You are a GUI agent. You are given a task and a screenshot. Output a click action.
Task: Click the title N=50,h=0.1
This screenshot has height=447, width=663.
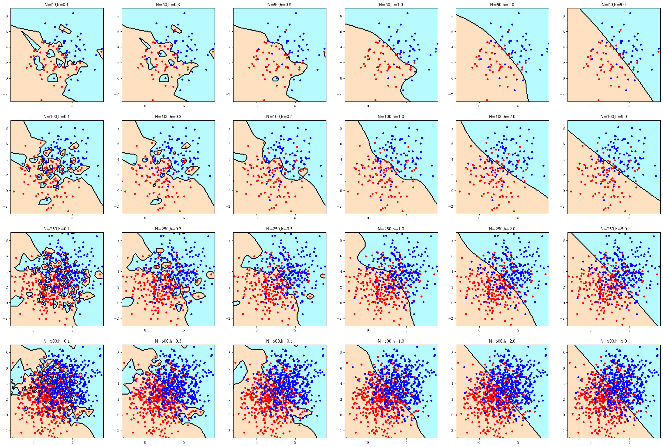[x=56, y=5]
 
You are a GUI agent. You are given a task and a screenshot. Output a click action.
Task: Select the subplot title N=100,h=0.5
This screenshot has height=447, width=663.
[x=279, y=117]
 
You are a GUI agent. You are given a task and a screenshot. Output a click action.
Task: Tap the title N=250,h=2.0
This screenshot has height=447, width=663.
[x=502, y=229]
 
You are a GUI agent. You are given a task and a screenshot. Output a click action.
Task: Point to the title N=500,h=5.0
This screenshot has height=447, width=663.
[x=614, y=341]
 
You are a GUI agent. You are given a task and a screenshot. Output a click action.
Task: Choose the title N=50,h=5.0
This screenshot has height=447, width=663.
[x=614, y=5]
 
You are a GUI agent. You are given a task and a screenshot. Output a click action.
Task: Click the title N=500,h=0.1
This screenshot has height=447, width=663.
[x=56, y=341]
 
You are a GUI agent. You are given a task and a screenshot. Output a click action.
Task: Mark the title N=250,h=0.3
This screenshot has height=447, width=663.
[x=168, y=229]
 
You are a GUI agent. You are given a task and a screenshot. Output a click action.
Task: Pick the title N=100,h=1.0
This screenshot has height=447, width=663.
[x=391, y=117]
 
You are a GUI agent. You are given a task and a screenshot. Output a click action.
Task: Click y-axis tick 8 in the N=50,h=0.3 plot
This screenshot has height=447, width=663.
[x=118, y=16]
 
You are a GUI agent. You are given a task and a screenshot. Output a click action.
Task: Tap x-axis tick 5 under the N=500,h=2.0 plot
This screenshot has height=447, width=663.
[x=518, y=442]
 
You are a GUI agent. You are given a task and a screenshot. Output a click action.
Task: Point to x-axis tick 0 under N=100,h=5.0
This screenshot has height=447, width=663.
[x=590, y=218]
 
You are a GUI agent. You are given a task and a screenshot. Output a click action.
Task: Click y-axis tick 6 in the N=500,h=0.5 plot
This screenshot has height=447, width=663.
[x=229, y=368]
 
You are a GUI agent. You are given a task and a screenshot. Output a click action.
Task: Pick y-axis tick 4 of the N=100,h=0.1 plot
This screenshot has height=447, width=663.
[x=7, y=160]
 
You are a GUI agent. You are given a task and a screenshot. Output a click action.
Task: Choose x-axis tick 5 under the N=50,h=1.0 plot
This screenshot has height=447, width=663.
[x=406, y=106]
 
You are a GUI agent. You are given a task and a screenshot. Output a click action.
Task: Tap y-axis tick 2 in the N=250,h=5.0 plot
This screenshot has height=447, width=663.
[x=564, y=287]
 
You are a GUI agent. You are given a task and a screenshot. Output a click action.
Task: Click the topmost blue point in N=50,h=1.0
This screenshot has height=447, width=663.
[x=407, y=13]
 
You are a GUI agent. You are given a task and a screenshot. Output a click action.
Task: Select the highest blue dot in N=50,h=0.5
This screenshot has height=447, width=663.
[x=296, y=13]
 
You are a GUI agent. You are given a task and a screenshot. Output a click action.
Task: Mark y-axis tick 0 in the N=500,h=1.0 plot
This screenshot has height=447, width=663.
[x=341, y=415]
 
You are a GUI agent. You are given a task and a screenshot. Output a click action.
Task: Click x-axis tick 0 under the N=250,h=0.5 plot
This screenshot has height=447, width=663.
[x=257, y=330]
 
